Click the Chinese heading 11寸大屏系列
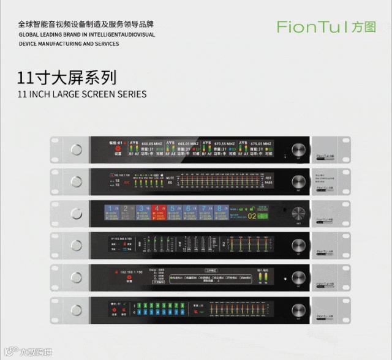click(x=67, y=78)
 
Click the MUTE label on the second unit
click(x=171, y=177)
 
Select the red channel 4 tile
click(x=157, y=213)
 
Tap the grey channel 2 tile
click(x=126, y=213)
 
